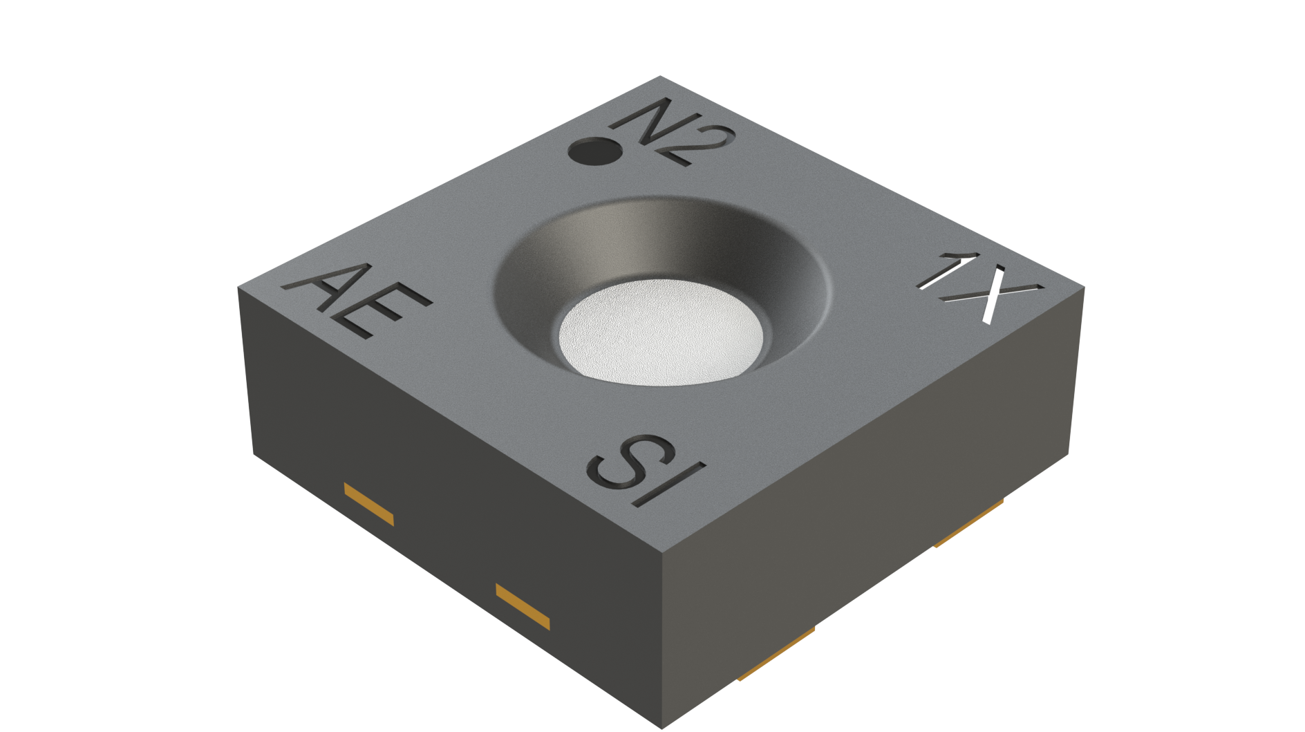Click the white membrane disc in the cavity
tap(660, 332)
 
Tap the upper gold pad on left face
tap(369, 505)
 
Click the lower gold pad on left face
tap(523, 606)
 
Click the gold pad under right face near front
tap(776, 654)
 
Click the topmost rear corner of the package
tap(660, 77)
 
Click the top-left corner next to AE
tap(238, 288)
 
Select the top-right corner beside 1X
tap(1084, 288)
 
